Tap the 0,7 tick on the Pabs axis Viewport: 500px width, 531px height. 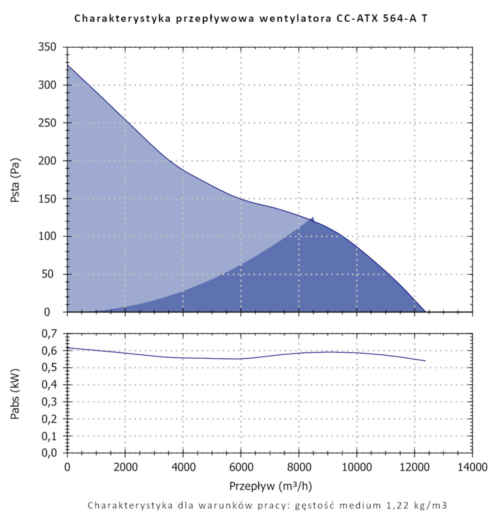49,333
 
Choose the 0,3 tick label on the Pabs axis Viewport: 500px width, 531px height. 49,402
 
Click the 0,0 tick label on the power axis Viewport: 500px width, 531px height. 49,453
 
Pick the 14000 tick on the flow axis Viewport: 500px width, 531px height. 472,468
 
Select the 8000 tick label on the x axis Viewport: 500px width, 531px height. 298,468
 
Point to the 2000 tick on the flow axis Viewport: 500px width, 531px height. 125,468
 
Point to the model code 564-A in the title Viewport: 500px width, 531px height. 391,19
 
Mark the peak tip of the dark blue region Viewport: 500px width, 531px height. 313,217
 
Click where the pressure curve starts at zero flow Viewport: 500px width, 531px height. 67,64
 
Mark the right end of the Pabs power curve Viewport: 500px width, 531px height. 425,360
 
